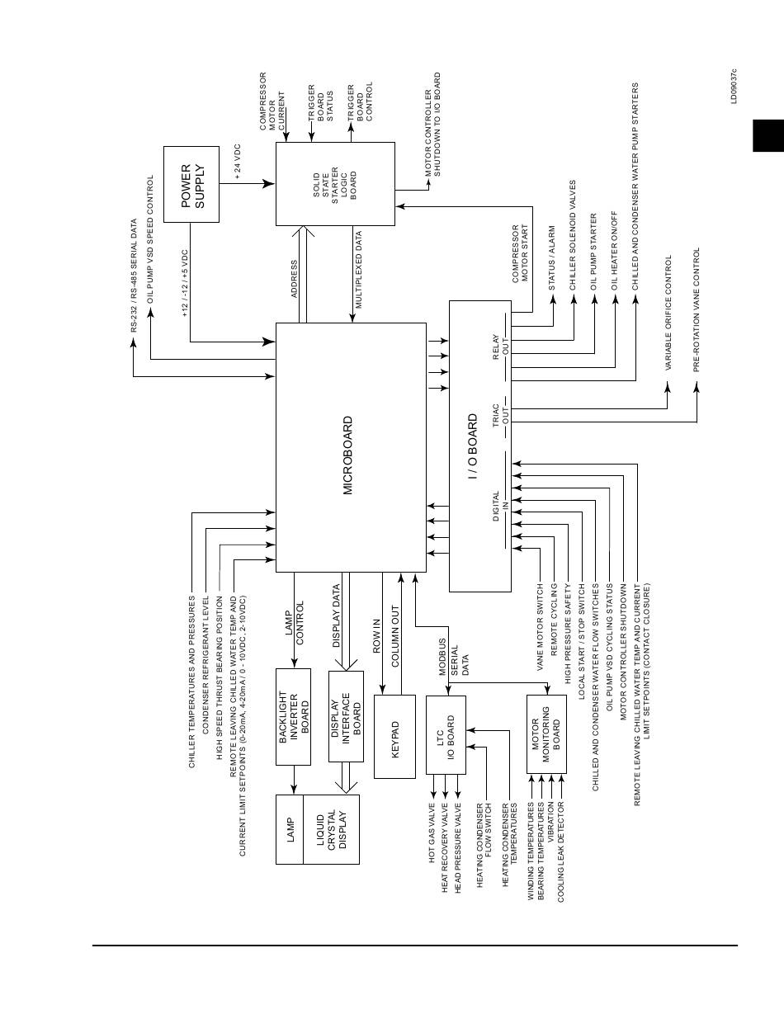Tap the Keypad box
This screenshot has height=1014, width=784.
[x=394, y=737]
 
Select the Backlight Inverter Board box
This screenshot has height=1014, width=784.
[x=293, y=716]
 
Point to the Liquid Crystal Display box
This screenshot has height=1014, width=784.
[x=331, y=829]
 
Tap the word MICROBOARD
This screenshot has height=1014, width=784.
[x=348, y=455]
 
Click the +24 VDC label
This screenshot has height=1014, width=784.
[x=238, y=163]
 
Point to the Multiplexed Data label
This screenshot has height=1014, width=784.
[x=359, y=271]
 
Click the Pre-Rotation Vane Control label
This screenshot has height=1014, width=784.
[x=697, y=309]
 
